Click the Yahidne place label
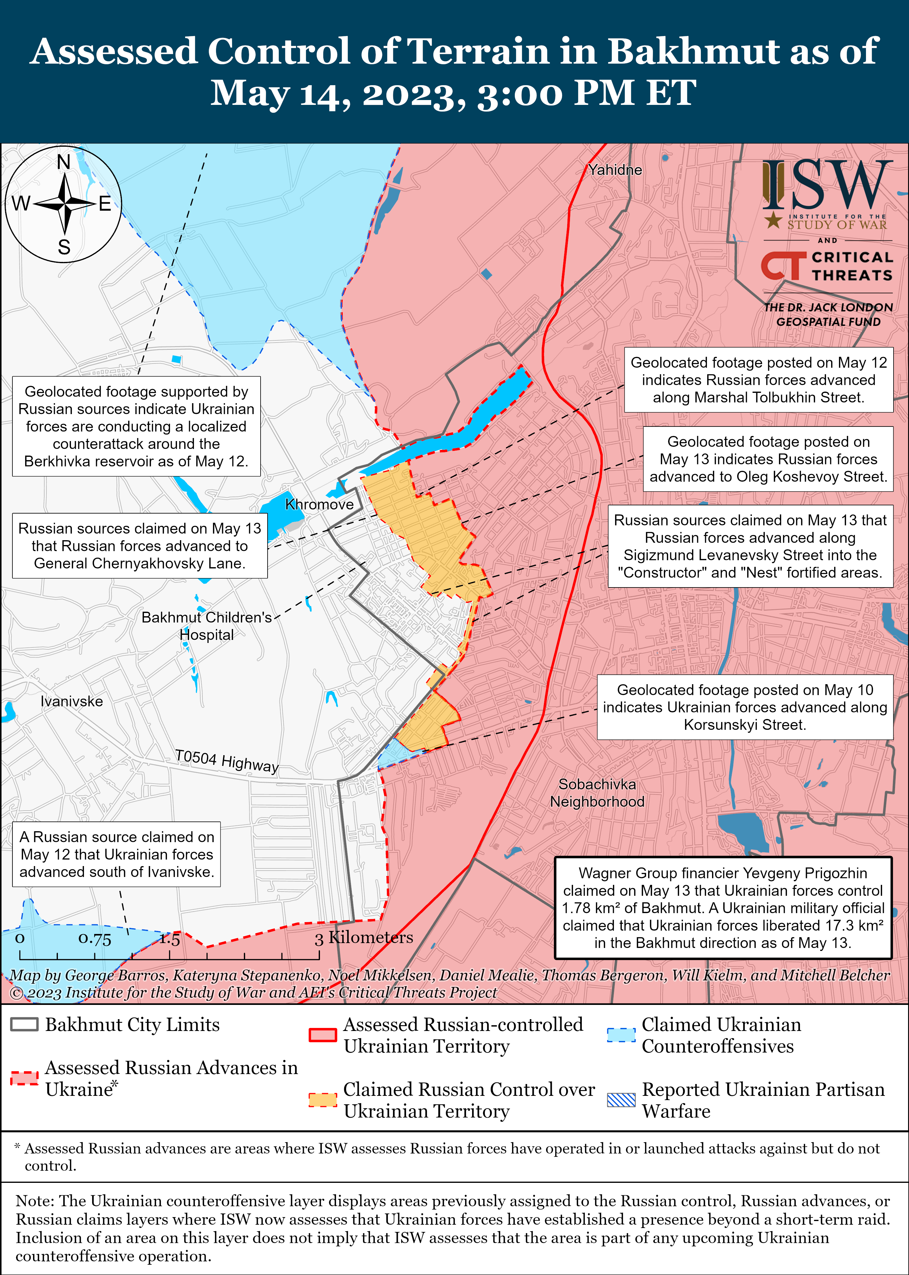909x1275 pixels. click(614, 170)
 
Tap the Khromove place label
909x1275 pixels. click(319, 504)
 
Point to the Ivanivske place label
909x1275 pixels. click(72, 701)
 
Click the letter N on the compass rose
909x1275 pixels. click(64, 162)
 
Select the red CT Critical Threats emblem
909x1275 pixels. click(783, 266)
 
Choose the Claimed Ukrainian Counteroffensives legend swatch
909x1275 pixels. click(621, 1035)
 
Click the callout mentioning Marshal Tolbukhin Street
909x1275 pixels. click(758, 380)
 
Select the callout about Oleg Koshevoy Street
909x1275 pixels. click(768, 459)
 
